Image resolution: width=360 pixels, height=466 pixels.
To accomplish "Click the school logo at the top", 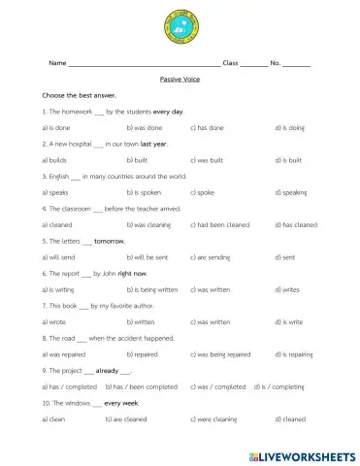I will pos(180,26).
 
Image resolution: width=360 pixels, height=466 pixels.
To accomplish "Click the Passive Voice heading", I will pos(180,79).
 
